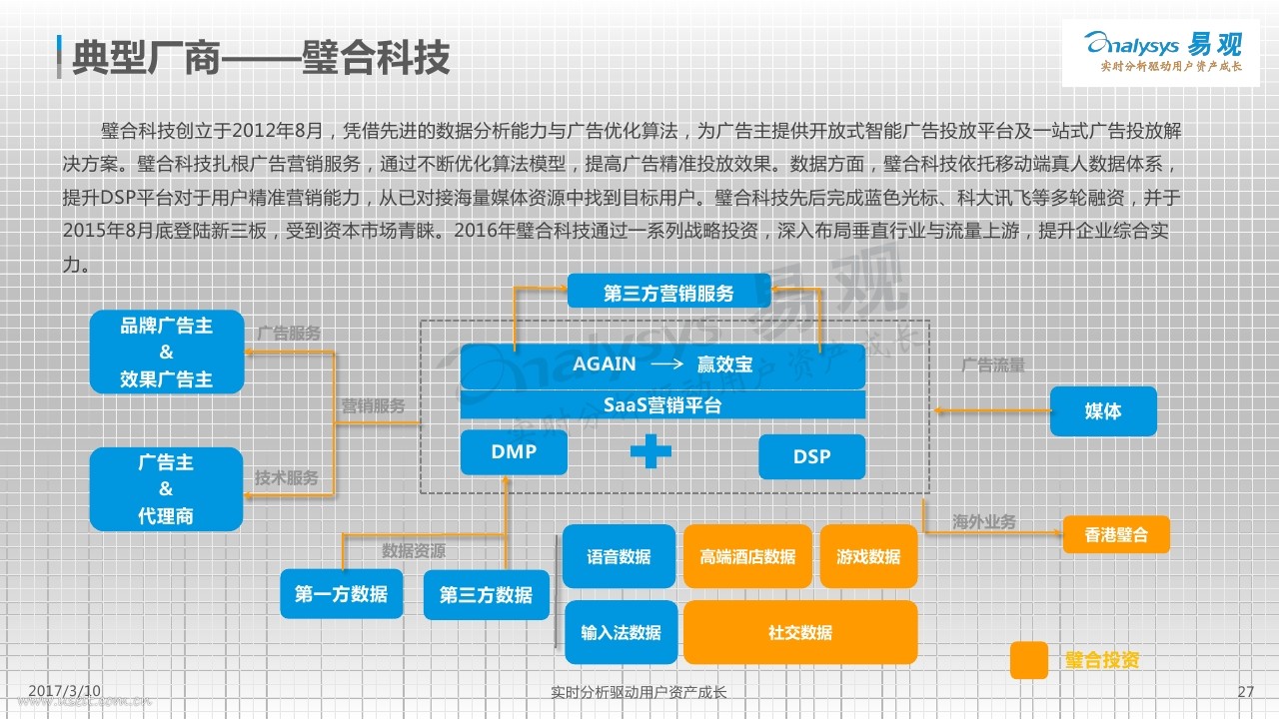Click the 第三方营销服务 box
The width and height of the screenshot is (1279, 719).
(x=669, y=291)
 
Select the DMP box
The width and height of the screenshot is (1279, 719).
(x=514, y=452)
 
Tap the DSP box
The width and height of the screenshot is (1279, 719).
(x=812, y=456)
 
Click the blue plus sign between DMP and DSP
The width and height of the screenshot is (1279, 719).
(x=650, y=451)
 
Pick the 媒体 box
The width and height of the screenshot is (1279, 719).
(x=1103, y=410)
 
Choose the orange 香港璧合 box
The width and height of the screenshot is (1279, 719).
(x=1116, y=534)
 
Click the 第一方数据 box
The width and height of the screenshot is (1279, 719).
(x=342, y=594)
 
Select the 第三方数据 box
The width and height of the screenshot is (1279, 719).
(x=487, y=595)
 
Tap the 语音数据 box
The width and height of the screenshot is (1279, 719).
(x=619, y=556)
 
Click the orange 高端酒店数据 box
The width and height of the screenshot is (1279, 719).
(x=747, y=556)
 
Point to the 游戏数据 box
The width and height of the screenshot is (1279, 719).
(x=868, y=556)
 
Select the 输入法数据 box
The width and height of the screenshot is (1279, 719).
(x=622, y=632)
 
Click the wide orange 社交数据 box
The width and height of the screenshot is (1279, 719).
(x=800, y=632)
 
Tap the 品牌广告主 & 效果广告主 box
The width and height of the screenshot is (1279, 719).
(x=167, y=353)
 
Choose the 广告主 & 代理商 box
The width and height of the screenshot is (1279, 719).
(x=166, y=489)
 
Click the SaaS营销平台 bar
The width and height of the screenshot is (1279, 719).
(x=662, y=404)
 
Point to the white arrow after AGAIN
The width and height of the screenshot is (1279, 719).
(x=666, y=363)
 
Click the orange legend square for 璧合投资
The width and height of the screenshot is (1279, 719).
(x=1029, y=660)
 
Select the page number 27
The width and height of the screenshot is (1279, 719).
(x=1246, y=692)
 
